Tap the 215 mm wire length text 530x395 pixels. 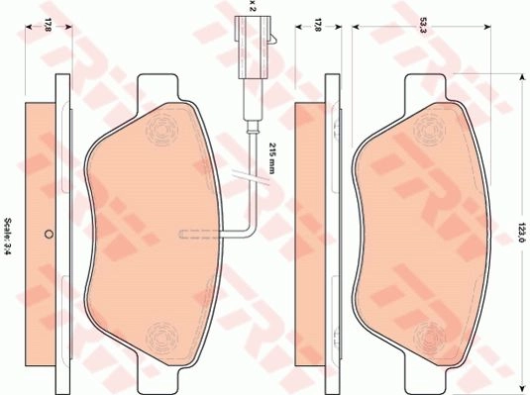[272, 157]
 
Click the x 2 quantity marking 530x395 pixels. [252, 6]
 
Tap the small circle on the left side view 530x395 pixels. [49, 234]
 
